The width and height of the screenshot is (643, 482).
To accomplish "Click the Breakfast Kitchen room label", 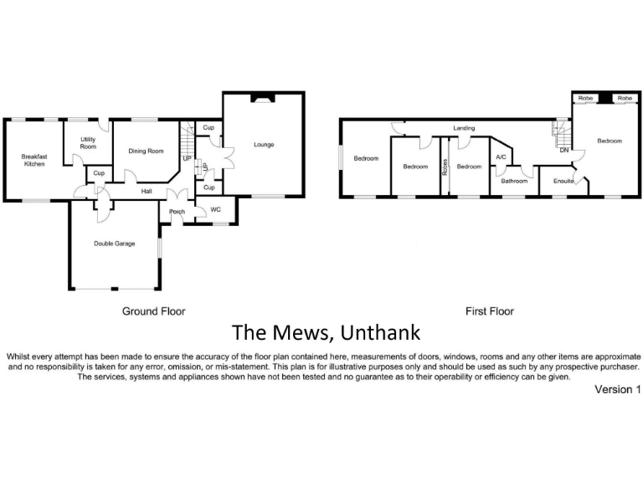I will point(34,160).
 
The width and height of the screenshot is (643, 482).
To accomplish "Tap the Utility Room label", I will point(88,143).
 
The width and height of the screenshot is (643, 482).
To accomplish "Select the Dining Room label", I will point(146,151).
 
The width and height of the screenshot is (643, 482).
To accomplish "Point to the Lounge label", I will point(264,145).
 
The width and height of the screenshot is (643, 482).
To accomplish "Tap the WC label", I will point(215,209).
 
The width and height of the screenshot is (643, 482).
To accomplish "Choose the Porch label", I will point(177,212).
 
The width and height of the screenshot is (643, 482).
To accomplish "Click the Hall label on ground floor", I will point(146,192).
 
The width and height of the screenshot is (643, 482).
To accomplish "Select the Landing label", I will point(464,128).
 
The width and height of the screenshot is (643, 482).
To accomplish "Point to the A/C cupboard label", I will point(501,156).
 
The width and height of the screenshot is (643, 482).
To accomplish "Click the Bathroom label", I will point(514,181).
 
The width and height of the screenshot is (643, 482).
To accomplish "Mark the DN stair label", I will point(564,151).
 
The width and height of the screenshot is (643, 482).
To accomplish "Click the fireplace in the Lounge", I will point(264,97).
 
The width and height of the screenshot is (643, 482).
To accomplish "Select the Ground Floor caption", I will point(153,311).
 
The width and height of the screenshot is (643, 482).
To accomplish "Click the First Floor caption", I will point(490,311).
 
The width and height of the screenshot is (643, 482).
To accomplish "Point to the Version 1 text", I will point(617,389).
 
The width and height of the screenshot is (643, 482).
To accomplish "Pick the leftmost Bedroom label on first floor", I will point(366,159).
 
